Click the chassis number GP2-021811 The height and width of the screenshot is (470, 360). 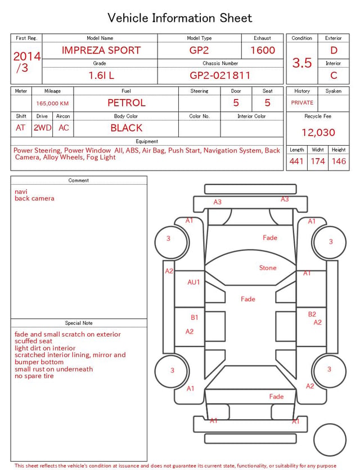click(220, 75)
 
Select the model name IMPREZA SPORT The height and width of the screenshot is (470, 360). click(101, 50)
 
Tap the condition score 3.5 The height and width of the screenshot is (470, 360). click(302, 63)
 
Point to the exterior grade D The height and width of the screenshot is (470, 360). click(334, 50)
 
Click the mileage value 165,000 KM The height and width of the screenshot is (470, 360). click(52, 104)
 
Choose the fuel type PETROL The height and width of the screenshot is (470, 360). click(127, 103)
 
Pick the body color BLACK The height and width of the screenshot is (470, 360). click(127, 128)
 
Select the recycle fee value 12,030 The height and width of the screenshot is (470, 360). click(318, 132)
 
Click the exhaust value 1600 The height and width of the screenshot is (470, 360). click(263, 50)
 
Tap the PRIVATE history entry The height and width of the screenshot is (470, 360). click(302, 103)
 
